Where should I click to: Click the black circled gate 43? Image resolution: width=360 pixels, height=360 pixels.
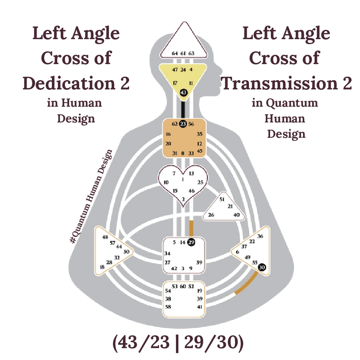pos(183,93)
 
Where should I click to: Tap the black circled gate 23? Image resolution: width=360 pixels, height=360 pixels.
pos(183,124)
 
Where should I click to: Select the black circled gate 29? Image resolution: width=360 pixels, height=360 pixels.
pos(191,242)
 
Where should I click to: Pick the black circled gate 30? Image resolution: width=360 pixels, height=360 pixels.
pos(262,267)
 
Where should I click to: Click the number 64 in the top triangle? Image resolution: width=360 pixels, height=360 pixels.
pos(175,54)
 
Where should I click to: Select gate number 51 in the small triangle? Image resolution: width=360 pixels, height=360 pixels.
pos(222,199)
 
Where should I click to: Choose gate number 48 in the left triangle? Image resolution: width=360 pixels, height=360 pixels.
pos(105,237)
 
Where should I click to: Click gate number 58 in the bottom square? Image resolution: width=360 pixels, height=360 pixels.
pos(168,307)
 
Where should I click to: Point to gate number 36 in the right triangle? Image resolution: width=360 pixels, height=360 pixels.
pos(260,236)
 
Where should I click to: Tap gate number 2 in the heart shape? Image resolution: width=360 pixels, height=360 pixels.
pos(183,199)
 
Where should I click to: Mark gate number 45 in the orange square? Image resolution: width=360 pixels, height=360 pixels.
pos(199,151)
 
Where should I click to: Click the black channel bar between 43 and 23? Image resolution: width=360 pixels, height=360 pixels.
pos(183,109)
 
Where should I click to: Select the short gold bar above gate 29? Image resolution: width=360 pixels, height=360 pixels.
pos(191,228)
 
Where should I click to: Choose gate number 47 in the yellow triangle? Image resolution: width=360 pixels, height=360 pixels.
pos(175,70)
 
